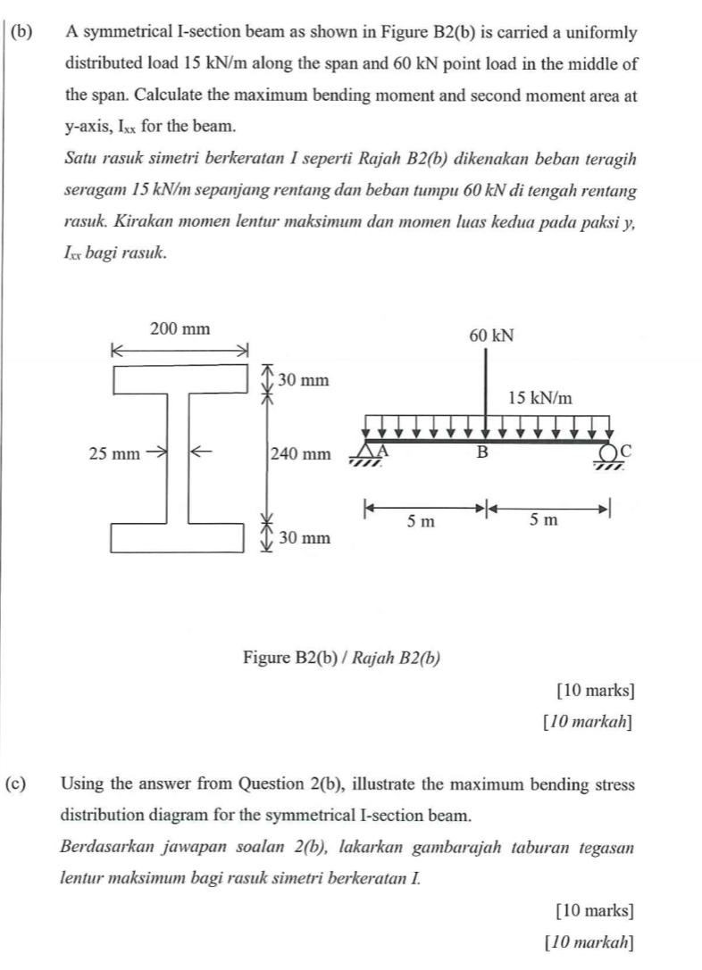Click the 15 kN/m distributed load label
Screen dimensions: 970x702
tap(540, 397)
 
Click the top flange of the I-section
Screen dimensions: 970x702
tap(179, 379)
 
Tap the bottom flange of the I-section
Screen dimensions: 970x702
tap(179, 539)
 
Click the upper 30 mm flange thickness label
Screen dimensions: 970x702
tap(305, 381)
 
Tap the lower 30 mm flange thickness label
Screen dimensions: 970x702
tap(305, 538)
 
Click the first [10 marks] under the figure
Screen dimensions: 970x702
tap(595, 690)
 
